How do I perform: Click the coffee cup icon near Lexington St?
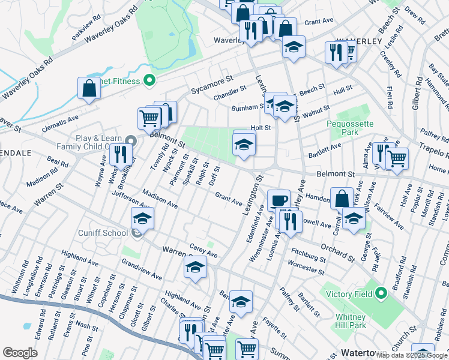click(x=279, y=200)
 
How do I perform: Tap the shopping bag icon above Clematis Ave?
click(x=89, y=88)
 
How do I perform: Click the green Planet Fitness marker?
click(x=149, y=80)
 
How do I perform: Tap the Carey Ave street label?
click(x=203, y=254)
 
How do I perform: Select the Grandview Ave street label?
click(x=142, y=270)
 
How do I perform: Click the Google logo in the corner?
click(x=20, y=353)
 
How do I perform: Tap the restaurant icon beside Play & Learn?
click(x=121, y=154)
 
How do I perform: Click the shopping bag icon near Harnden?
click(x=342, y=199)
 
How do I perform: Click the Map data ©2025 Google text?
click(x=412, y=355)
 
